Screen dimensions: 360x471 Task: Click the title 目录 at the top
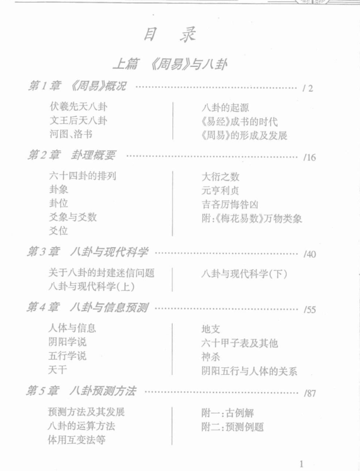[170, 34]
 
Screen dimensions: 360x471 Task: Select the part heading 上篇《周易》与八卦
[170, 64]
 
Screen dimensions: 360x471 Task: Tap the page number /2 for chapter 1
[308, 89]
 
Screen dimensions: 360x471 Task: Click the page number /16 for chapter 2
[309, 157]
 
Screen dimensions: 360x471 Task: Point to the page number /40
[309, 254]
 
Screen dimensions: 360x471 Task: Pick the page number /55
[309, 309]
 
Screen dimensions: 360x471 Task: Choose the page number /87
[309, 393]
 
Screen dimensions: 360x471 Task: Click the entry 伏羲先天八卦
[78, 107]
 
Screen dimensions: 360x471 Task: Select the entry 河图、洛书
[71, 133]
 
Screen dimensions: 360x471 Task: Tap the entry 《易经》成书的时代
[239, 121]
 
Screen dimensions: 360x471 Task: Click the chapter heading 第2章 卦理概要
[71, 155]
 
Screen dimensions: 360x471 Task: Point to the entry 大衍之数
[220, 176]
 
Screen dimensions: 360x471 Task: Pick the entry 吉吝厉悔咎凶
[230, 204]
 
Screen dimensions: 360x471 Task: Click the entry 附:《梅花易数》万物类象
[252, 218]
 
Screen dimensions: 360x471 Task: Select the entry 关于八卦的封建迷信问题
[102, 272]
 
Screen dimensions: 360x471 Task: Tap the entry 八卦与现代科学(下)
[244, 274]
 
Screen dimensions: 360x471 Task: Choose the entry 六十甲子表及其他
[240, 343]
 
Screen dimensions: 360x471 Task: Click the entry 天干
[57, 369]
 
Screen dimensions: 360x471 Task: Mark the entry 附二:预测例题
[232, 427]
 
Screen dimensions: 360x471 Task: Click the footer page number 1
[301, 463]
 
